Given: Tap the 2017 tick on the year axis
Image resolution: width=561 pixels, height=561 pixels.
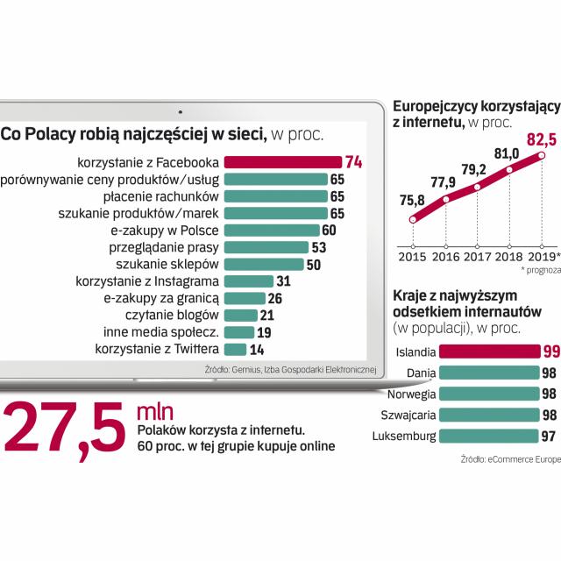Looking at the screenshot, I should pos(478,258).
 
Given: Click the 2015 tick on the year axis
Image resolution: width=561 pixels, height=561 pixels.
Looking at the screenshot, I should pos(413,258).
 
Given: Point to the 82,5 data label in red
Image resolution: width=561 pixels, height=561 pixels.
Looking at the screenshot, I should pos(540,138).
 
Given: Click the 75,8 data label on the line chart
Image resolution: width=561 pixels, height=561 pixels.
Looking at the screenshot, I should pos(411,200).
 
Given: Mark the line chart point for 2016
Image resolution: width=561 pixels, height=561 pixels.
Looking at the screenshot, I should pos(445,200).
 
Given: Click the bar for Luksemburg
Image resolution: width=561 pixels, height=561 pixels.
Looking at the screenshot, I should pos(487,436).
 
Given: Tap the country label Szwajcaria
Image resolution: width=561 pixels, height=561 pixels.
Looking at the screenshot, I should pos(405,415).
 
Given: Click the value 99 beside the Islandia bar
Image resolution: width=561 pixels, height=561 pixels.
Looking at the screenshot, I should pos(550,352).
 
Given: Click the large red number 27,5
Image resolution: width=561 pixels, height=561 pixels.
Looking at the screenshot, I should pos(66,423).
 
